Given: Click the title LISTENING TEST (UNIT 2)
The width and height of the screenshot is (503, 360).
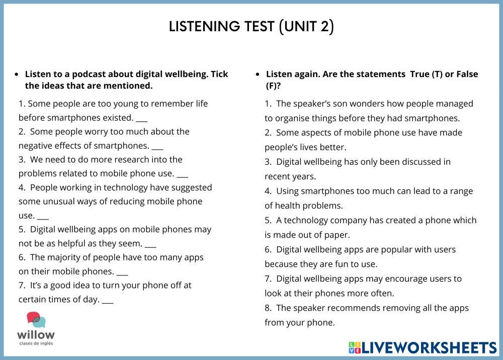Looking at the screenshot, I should pyautogui.click(x=251, y=26).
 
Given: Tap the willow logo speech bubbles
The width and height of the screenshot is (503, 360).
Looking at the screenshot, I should pyautogui.click(x=36, y=321).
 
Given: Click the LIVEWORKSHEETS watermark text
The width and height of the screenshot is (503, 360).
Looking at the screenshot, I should pyautogui.click(x=429, y=347).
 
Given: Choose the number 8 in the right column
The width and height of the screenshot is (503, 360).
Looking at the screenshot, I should pyautogui.click(x=268, y=308).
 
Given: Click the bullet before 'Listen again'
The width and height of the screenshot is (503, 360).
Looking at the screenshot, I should pyautogui.click(x=258, y=75).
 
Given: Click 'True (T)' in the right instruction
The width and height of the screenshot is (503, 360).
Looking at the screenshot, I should pyautogui.click(x=427, y=74).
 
